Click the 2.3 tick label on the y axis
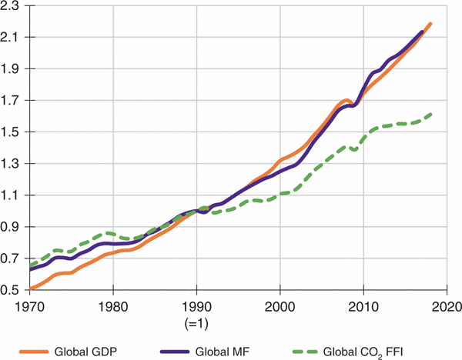click(x=11, y=6)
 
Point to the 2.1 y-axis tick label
click(x=11, y=37)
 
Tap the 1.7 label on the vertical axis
click(x=11, y=100)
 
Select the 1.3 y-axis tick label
click(x=11, y=163)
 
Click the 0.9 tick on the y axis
click(x=11, y=226)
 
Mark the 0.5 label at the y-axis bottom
click(x=11, y=289)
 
